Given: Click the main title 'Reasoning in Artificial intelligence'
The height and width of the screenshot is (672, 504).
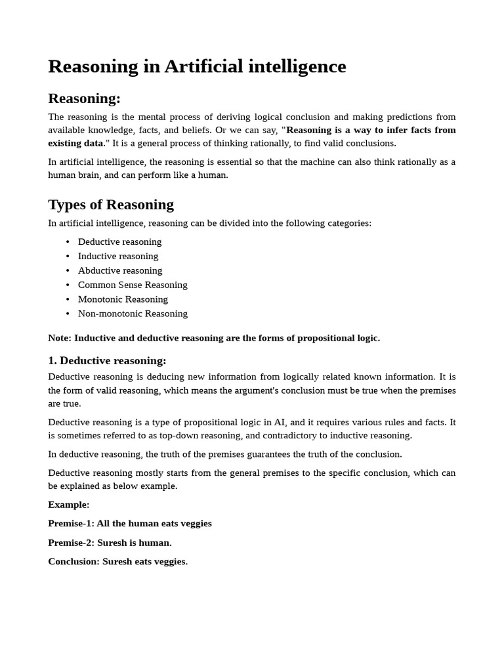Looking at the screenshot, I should pyautogui.click(x=197, y=66).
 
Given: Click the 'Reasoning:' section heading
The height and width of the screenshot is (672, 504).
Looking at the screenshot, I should pyautogui.click(x=84, y=98).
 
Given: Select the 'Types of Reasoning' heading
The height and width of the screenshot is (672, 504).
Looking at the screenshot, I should pyautogui.click(x=111, y=204).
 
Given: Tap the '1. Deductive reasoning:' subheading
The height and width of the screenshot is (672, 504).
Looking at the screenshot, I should pyautogui.click(x=107, y=360).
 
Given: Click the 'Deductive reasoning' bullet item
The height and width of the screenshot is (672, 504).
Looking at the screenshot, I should pyautogui.click(x=119, y=241).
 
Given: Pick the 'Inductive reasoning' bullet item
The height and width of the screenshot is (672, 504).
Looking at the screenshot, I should pyautogui.click(x=118, y=256).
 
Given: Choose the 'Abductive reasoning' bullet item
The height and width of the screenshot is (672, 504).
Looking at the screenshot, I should pyautogui.click(x=120, y=270).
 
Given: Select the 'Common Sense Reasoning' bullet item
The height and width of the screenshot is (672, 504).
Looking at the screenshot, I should pyautogui.click(x=133, y=285).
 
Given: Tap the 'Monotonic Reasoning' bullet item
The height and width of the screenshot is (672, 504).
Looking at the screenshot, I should pyautogui.click(x=123, y=299).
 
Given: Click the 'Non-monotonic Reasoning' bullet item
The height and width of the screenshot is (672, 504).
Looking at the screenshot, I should pyautogui.click(x=133, y=314).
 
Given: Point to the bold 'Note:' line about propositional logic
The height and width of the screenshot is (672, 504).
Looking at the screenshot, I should pyautogui.click(x=214, y=338).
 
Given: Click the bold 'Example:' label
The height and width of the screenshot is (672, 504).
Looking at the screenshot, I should pyautogui.click(x=69, y=505).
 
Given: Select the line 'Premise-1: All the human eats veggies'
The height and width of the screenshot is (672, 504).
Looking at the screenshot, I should pyautogui.click(x=130, y=524).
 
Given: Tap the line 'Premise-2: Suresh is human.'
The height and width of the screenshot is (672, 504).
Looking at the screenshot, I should pyautogui.click(x=110, y=543).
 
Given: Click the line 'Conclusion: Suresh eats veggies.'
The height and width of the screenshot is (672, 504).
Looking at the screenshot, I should pyautogui.click(x=117, y=562).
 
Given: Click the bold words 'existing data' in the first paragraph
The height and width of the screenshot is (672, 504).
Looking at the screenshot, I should pyautogui.click(x=75, y=143).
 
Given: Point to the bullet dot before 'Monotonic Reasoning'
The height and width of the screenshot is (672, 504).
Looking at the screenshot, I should pyautogui.click(x=68, y=299).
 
